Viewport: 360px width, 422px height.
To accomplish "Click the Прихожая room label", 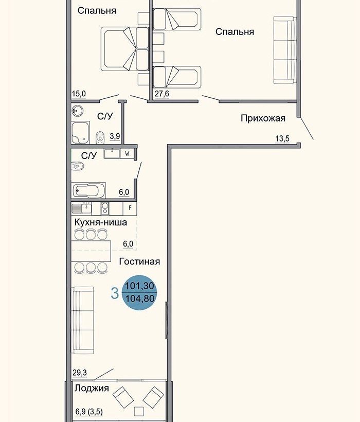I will point(263,118).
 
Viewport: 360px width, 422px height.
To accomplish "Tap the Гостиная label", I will point(139,261).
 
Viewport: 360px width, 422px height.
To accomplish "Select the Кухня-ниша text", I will point(100,222).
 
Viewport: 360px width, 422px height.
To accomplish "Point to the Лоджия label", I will point(92,389).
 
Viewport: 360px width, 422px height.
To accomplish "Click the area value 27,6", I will point(163,94).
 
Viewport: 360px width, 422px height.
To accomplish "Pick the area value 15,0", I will point(79,94).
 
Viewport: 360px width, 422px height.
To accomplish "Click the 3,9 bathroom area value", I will point(115,136).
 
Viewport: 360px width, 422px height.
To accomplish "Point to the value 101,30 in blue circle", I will point(140,286).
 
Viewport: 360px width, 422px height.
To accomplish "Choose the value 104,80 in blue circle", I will point(140,297).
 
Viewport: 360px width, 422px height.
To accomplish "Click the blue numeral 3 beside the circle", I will point(115,293).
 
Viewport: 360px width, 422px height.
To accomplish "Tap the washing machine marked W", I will point(128,153).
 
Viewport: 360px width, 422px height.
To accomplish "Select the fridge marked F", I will point(130,208).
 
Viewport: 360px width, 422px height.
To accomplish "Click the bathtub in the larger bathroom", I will point(89,191).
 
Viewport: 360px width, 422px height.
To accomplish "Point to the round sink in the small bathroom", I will point(78,111).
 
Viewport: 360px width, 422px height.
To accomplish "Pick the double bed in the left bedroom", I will point(126,50).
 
